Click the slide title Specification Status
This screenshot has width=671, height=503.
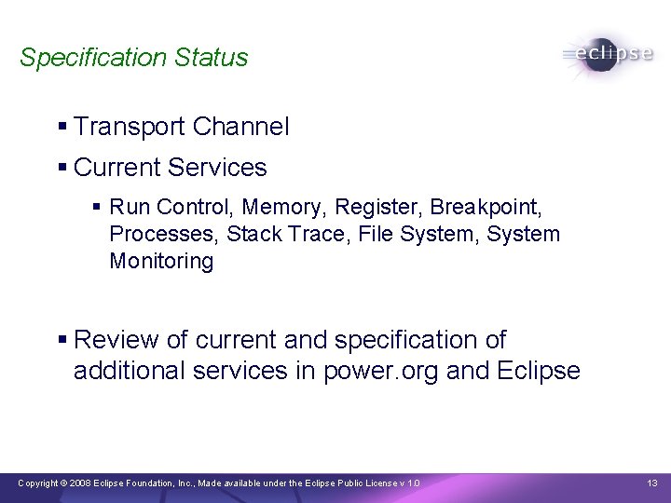click(x=133, y=58)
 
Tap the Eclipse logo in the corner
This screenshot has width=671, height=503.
click(x=608, y=54)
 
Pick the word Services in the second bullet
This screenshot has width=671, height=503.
click(x=223, y=168)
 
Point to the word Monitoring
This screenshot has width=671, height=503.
click(x=161, y=262)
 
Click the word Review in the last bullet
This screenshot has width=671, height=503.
click(x=112, y=341)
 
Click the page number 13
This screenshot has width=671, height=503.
click(x=651, y=483)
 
